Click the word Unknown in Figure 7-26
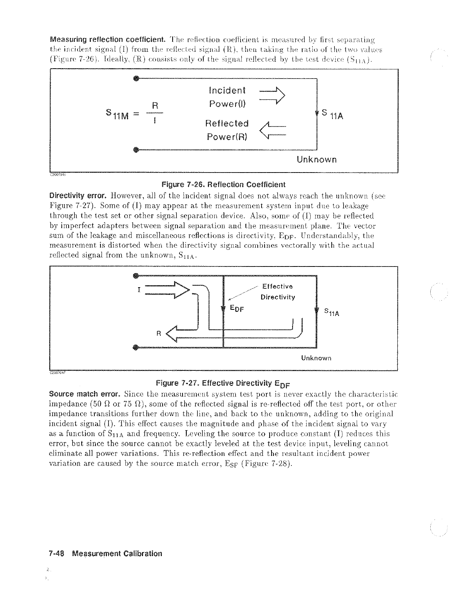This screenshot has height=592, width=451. click(317, 160)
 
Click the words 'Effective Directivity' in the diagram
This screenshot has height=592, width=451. click(277, 292)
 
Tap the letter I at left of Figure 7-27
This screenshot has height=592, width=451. click(138, 290)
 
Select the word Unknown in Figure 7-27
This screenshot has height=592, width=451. click(316, 358)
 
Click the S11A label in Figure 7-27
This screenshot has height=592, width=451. click(332, 312)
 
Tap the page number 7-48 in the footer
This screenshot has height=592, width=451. click(58, 554)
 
